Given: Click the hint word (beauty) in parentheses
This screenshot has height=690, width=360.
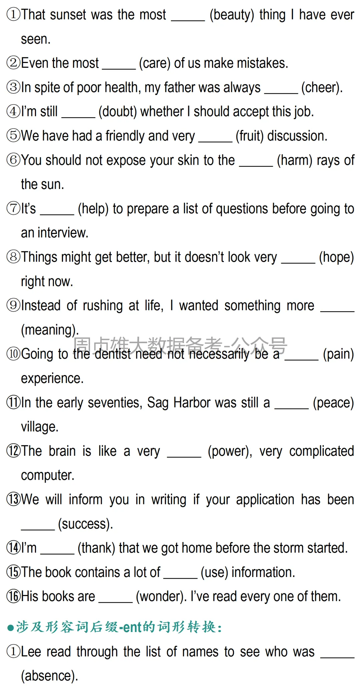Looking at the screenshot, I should point(232,15).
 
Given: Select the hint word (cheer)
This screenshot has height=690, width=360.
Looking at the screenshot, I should point(322,88).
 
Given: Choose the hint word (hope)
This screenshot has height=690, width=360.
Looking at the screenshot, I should point(336,257).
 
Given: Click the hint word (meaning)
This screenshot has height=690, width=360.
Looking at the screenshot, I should point(49,330).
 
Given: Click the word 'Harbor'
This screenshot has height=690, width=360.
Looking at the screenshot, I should point(192,403).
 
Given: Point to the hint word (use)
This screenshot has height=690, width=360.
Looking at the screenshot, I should point(214,572).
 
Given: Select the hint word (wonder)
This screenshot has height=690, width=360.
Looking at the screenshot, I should point(161,597).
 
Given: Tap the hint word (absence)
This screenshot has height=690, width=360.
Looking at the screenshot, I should point(49,676).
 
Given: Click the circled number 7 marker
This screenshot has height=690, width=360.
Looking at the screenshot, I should point(13,209).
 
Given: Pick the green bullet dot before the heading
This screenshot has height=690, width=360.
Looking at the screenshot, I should point(10,628).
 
